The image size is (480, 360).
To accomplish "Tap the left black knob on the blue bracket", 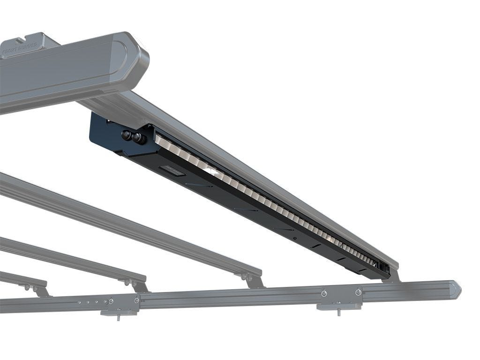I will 126,135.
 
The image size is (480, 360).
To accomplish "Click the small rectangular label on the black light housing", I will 173,170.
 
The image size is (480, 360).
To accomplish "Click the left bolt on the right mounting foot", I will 324,293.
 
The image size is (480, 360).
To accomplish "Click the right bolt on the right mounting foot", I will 359,292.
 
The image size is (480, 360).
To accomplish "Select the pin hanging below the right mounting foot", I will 338,312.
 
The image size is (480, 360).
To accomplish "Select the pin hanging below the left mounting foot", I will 118,317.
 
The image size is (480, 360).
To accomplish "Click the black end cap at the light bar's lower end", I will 384,269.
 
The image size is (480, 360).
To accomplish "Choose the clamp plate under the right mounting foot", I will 338,307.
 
